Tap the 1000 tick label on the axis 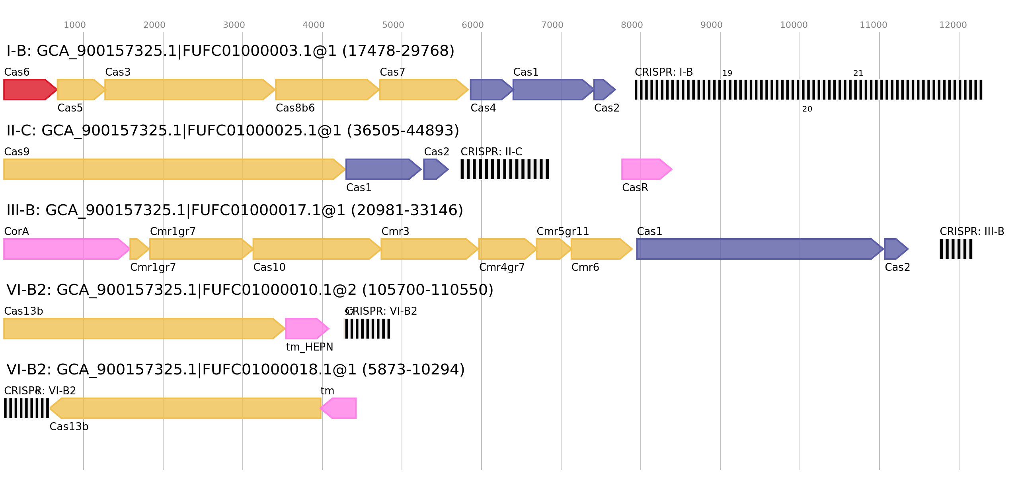click(75, 25)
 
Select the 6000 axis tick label click(473, 25)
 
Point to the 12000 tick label click(953, 25)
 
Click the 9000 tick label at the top click(712, 25)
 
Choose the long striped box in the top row click(809, 90)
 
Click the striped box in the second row click(505, 169)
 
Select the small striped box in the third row click(956, 249)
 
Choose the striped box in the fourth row click(367, 329)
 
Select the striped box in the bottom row click(26, 408)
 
